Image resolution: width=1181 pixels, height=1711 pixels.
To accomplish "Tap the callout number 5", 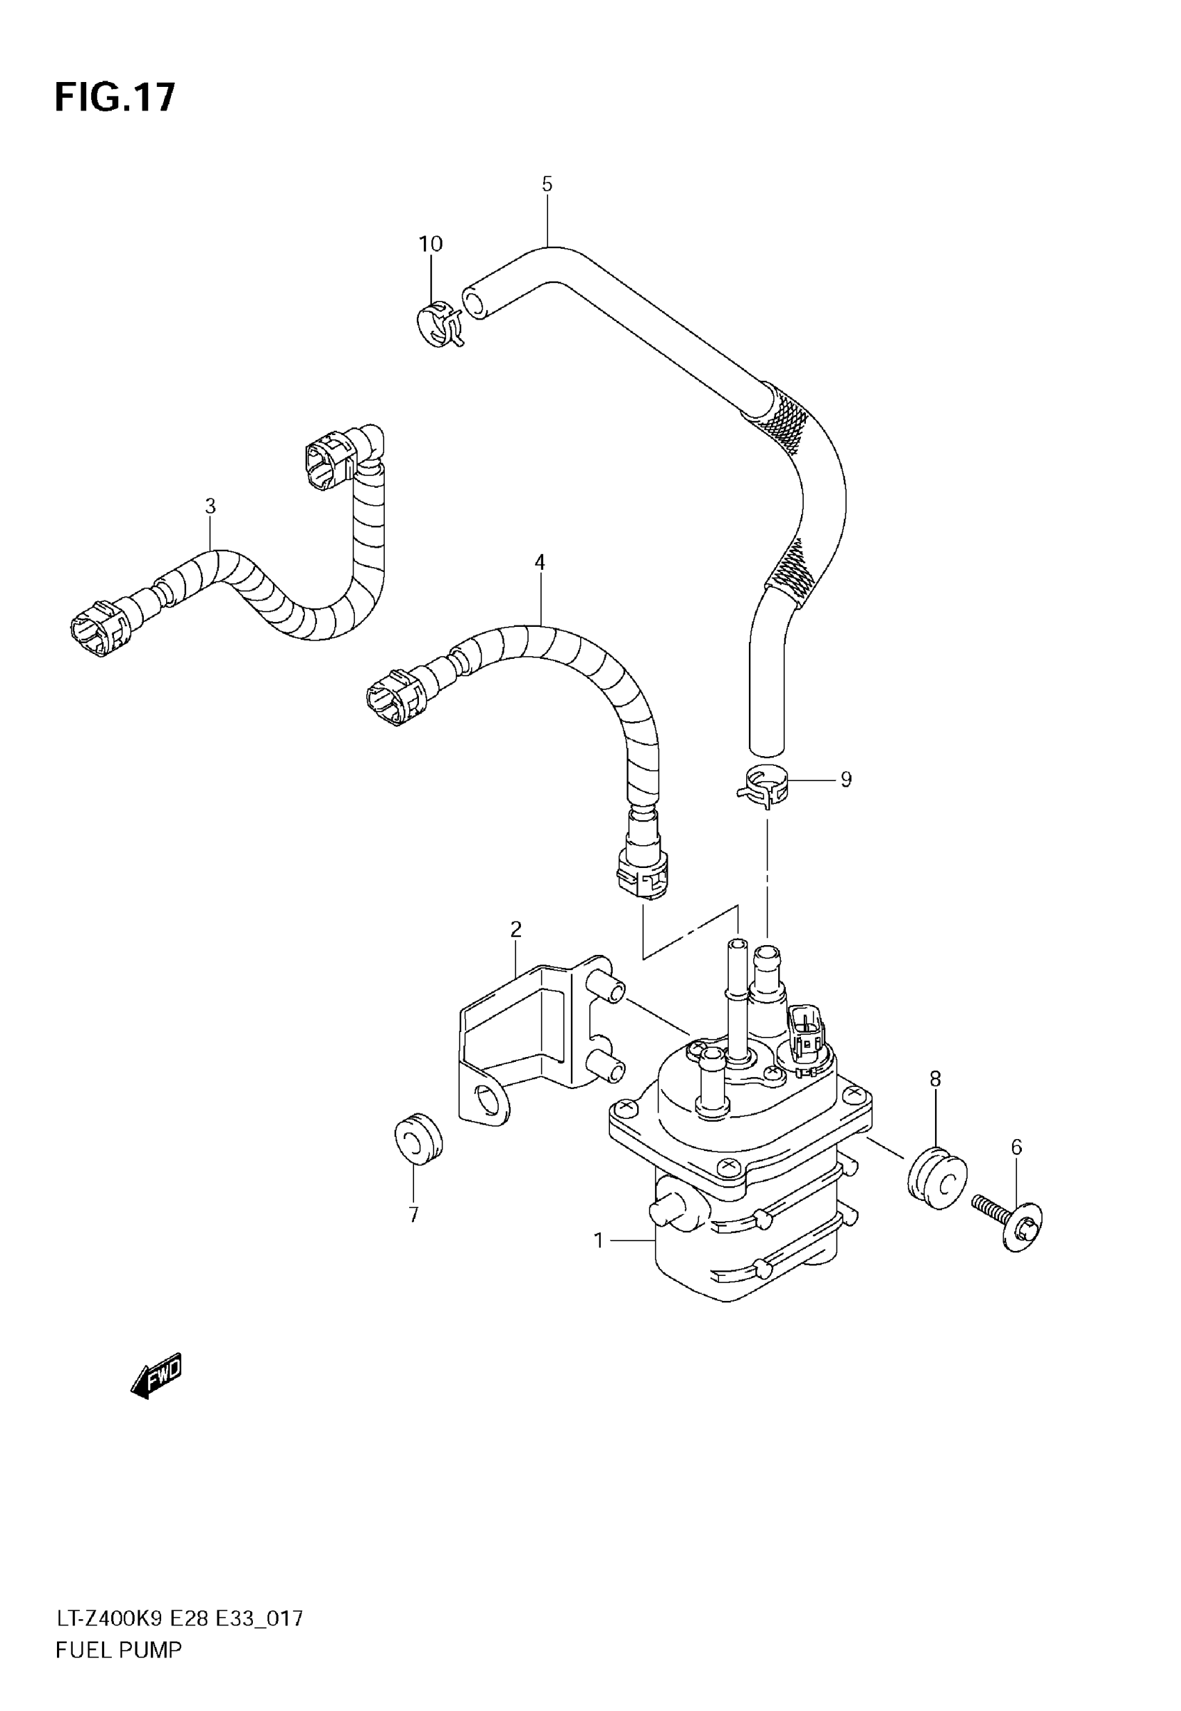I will point(547,184).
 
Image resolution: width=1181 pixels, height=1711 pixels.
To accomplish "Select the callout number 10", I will point(431,243).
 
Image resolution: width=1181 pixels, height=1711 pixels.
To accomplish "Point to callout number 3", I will point(210,506).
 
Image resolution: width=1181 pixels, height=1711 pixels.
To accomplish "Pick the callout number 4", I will point(540,562).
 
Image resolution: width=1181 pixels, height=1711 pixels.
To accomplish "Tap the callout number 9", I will point(845,779).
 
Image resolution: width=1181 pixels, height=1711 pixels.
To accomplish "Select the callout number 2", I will point(515,928).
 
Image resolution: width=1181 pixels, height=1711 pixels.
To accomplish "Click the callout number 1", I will point(599,1240).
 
